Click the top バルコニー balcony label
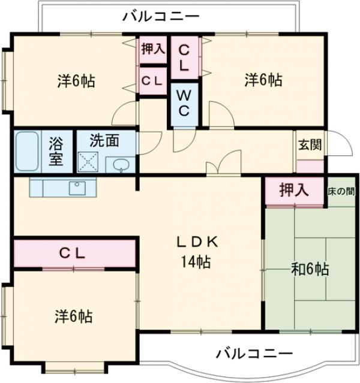160,16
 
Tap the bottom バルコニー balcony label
254,353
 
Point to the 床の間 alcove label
340,192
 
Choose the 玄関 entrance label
310,144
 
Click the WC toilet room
184,102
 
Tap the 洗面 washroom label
104,141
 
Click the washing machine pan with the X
89,161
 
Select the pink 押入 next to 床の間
294,191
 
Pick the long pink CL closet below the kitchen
73,253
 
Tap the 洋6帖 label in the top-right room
263,79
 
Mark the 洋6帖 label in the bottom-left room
73,316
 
